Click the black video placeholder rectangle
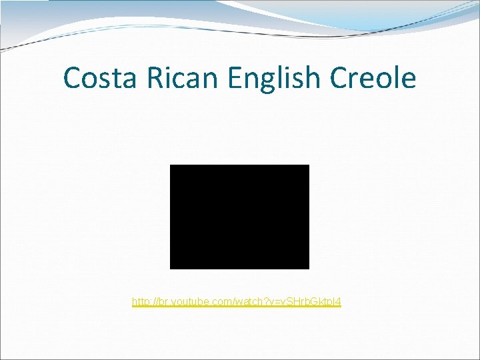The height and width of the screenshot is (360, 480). (239, 217)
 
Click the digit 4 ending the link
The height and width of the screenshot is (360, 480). (338, 302)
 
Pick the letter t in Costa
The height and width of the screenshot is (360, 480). (115, 78)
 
